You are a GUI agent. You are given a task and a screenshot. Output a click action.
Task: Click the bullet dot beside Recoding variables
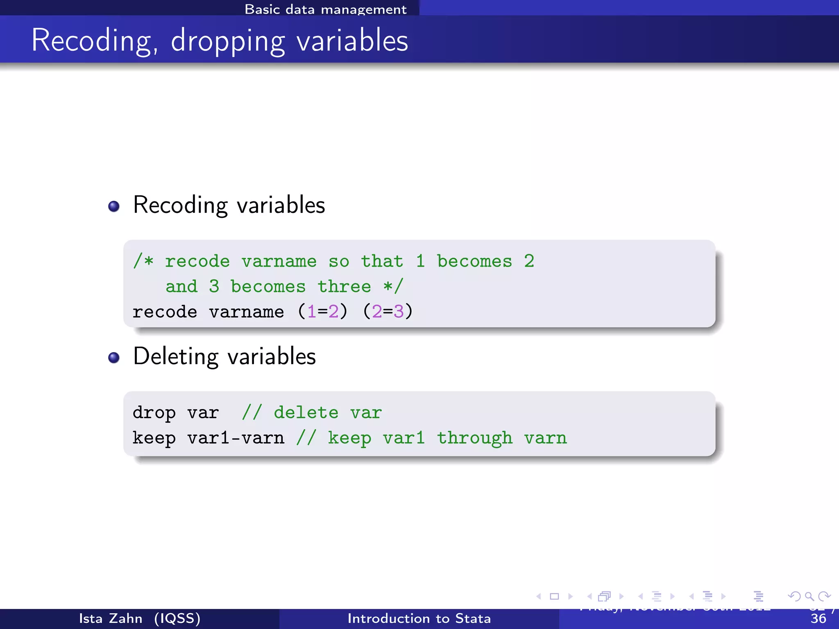114,206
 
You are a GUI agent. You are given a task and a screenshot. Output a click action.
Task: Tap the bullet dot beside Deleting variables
114,357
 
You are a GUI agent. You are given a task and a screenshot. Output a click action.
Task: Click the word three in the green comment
344,286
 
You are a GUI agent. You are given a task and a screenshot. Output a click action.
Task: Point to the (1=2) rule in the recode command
323,312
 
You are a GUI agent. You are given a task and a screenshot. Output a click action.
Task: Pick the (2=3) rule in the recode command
388,312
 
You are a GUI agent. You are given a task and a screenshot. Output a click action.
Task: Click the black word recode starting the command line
165,312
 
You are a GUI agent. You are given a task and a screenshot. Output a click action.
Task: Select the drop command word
154,413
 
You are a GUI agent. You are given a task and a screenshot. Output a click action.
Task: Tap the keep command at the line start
154,438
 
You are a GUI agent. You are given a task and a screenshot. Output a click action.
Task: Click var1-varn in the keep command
236,438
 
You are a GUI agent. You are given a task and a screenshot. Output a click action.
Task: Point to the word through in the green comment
474,438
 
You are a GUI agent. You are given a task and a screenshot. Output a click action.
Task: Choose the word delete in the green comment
306,413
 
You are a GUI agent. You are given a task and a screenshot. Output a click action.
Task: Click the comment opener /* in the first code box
143,261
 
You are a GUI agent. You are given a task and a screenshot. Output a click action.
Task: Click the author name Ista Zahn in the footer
111,618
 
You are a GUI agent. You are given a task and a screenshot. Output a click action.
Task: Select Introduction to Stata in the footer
419,618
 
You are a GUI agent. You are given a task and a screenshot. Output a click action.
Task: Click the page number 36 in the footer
818,619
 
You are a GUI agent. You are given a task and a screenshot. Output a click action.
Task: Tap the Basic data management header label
326,9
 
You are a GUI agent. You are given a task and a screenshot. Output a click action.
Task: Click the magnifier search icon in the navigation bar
809,596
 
